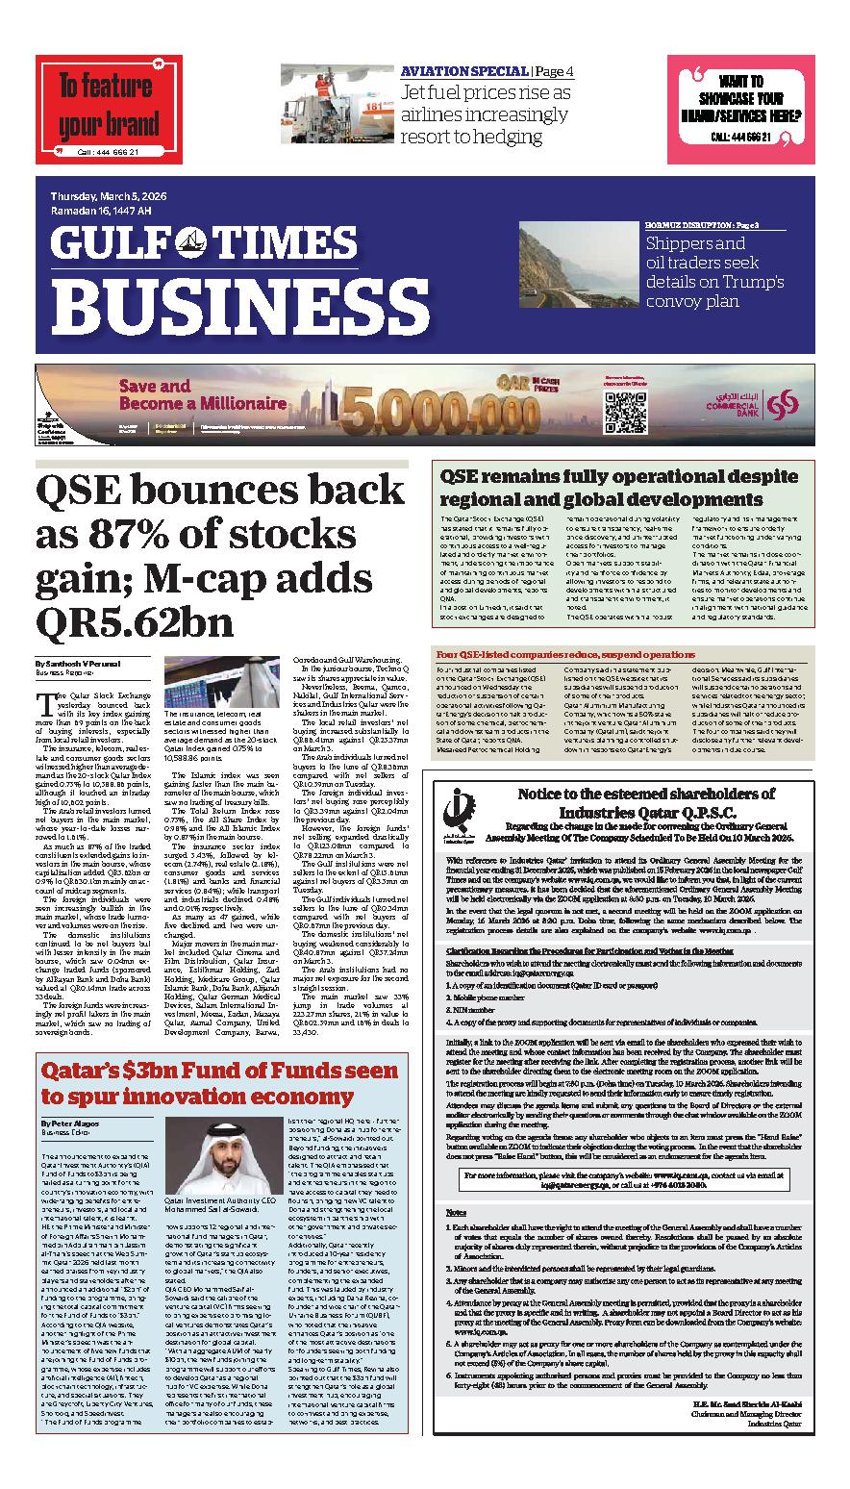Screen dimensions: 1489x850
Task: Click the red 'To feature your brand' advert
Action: click(109, 110)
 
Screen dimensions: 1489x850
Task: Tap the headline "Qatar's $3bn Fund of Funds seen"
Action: click(217, 1071)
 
